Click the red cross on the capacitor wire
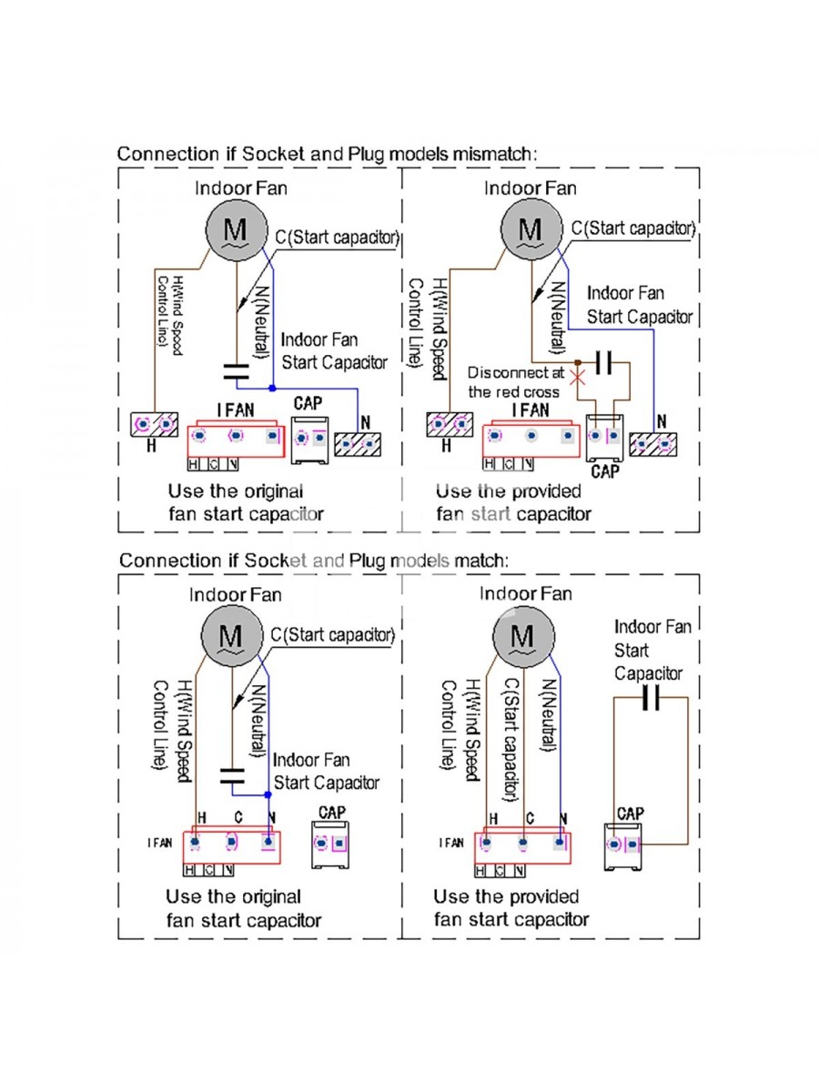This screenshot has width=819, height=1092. pyautogui.click(x=577, y=377)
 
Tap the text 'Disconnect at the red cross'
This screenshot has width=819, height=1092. pyautogui.click(x=516, y=382)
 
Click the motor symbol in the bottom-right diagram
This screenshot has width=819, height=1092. pyautogui.click(x=523, y=636)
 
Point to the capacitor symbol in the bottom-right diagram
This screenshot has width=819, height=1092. pyautogui.click(x=651, y=697)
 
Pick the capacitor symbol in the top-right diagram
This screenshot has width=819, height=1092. pyautogui.click(x=604, y=362)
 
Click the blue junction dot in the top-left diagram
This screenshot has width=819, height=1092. pyautogui.click(x=272, y=388)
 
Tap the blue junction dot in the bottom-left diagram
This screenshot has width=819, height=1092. pyautogui.click(x=268, y=794)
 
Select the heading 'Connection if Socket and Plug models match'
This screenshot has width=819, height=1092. pyautogui.click(x=314, y=561)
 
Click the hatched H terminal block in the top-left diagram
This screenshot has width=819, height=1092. pyautogui.click(x=154, y=424)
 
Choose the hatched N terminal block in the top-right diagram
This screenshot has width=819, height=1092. pyautogui.click(x=652, y=444)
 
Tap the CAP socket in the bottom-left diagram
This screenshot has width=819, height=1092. pyautogui.click(x=330, y=844)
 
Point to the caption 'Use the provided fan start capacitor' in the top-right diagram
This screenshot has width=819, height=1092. pyautogui.click(x=513, y=502)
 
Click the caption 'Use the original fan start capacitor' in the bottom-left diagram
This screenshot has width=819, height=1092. pyautogui.click(x=243, y=908)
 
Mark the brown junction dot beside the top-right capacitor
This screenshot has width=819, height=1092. pyautogui.click(x=577, y=362)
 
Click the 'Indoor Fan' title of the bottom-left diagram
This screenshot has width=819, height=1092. pyautogui.click(x=235, y=594)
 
